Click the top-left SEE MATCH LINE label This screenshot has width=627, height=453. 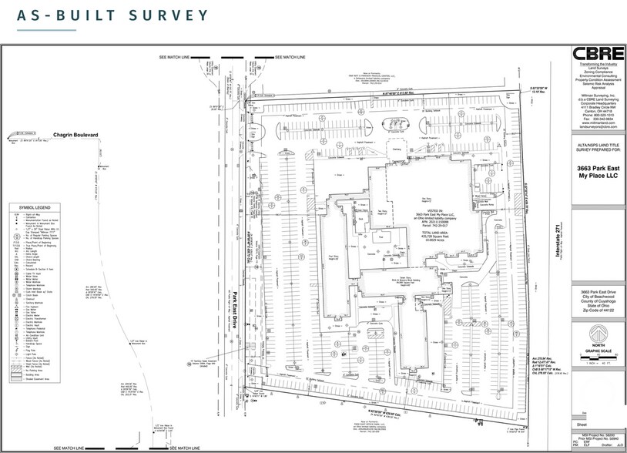pos(175,58)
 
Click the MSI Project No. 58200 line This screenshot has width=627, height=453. pos(596,435)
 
